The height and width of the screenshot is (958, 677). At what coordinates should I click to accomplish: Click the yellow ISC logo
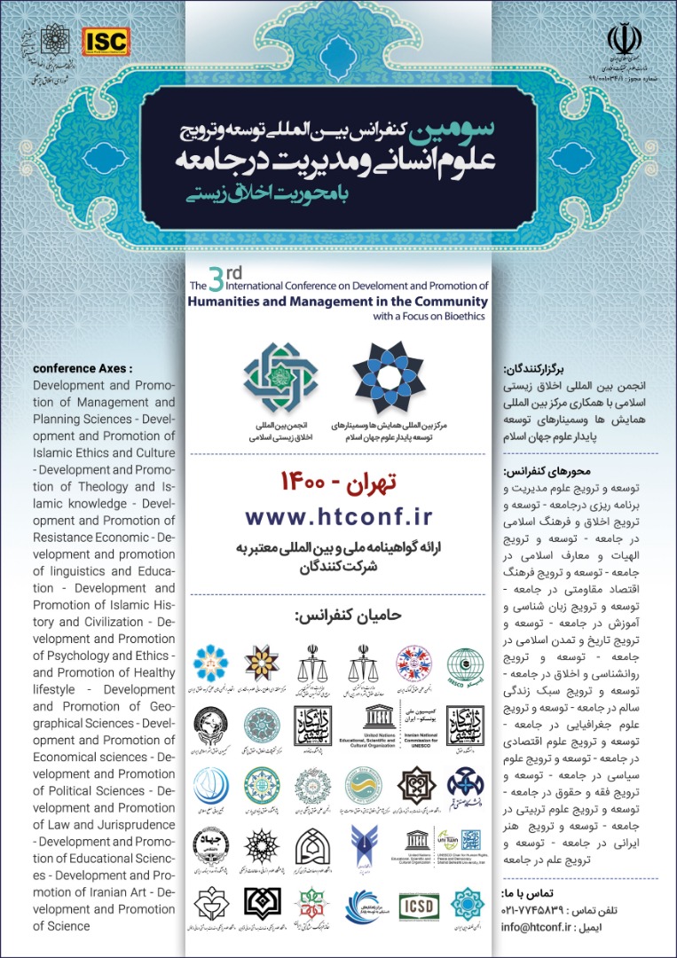coord(105,40)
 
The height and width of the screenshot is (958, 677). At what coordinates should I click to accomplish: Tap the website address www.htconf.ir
coord(338,517)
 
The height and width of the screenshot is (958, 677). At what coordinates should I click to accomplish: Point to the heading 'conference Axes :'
coord(82,368)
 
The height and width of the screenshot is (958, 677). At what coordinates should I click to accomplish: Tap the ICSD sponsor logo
coord(416,904)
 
